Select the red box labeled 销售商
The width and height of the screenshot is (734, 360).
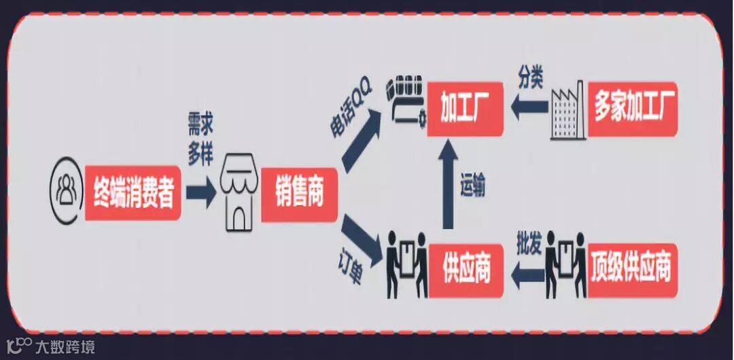pos(298,194)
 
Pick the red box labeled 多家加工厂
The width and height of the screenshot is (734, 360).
pos(633,109)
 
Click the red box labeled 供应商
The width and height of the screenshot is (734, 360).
pos(465,270)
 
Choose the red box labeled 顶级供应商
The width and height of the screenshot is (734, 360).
pos(633,270)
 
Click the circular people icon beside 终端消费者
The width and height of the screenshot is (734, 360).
pos(66,192)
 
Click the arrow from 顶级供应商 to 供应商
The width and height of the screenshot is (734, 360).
pos(527,272)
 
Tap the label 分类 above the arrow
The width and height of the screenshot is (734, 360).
pos(530,77)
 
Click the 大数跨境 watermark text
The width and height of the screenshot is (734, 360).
pos(65,346)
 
